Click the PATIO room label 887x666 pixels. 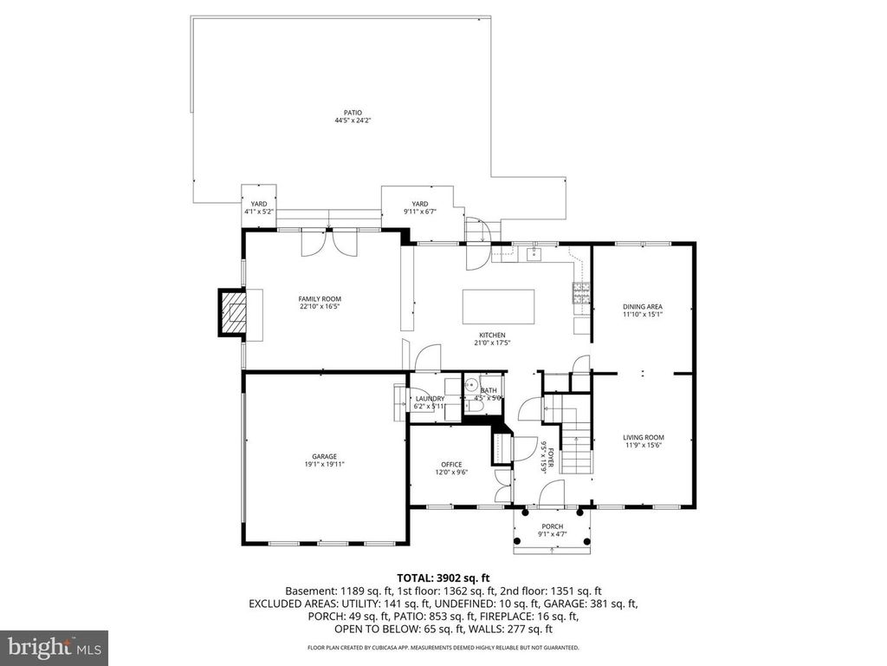[353, 112]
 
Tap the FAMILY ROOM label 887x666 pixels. [320, 299]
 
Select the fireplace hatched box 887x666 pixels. [231, 312]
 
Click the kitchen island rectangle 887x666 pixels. [497, 306]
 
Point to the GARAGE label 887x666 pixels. [325, 457]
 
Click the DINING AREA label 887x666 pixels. [643, 307]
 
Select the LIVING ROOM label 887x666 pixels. [643, 438]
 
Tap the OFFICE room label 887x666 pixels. [450, 465]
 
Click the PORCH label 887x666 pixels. [553, 526]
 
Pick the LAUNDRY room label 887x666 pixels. [429, 399]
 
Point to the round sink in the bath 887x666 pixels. [471, 386]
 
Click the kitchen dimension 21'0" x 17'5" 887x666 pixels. [492, 343]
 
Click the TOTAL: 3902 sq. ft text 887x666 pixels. [443, 578]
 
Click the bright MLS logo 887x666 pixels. [54, 647]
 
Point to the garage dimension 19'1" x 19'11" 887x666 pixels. [325, 465]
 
